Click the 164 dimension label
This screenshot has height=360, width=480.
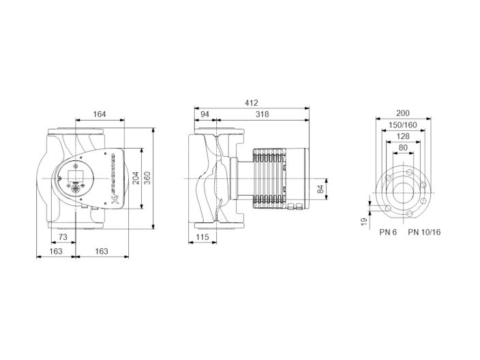[x=99, y=115]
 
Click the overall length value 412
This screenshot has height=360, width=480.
[x=252, y=103]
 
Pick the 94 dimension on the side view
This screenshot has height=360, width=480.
[x=205, y=115]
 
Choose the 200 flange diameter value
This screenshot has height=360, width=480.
[x=402, y=113]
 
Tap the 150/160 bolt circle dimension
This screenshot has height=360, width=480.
[x=402, y=125]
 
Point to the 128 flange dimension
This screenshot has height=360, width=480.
[x=402, y=136]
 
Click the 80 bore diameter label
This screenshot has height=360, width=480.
[x=402, y=148]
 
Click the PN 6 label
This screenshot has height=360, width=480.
[x=388, y=232]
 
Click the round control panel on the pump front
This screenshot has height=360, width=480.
[x=75, y=177]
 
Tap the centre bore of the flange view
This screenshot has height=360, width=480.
[x=402, y=187]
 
